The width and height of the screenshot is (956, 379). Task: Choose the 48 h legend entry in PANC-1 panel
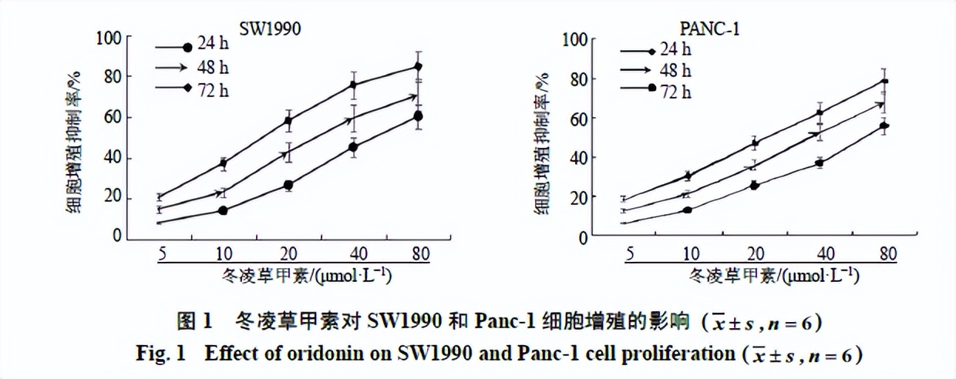[675, 71]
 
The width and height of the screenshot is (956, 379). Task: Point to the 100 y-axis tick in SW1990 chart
[110, 37]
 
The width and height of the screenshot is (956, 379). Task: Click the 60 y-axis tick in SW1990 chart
[114, 118]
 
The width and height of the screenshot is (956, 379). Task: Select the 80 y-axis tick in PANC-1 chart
[578, 79]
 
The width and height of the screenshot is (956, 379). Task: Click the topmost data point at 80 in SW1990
[418, 66]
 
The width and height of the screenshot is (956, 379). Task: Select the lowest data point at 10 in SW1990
[223, 210]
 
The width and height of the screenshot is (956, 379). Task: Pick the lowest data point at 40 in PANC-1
[820, 163]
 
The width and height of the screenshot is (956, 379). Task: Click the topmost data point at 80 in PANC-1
[884, 81]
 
